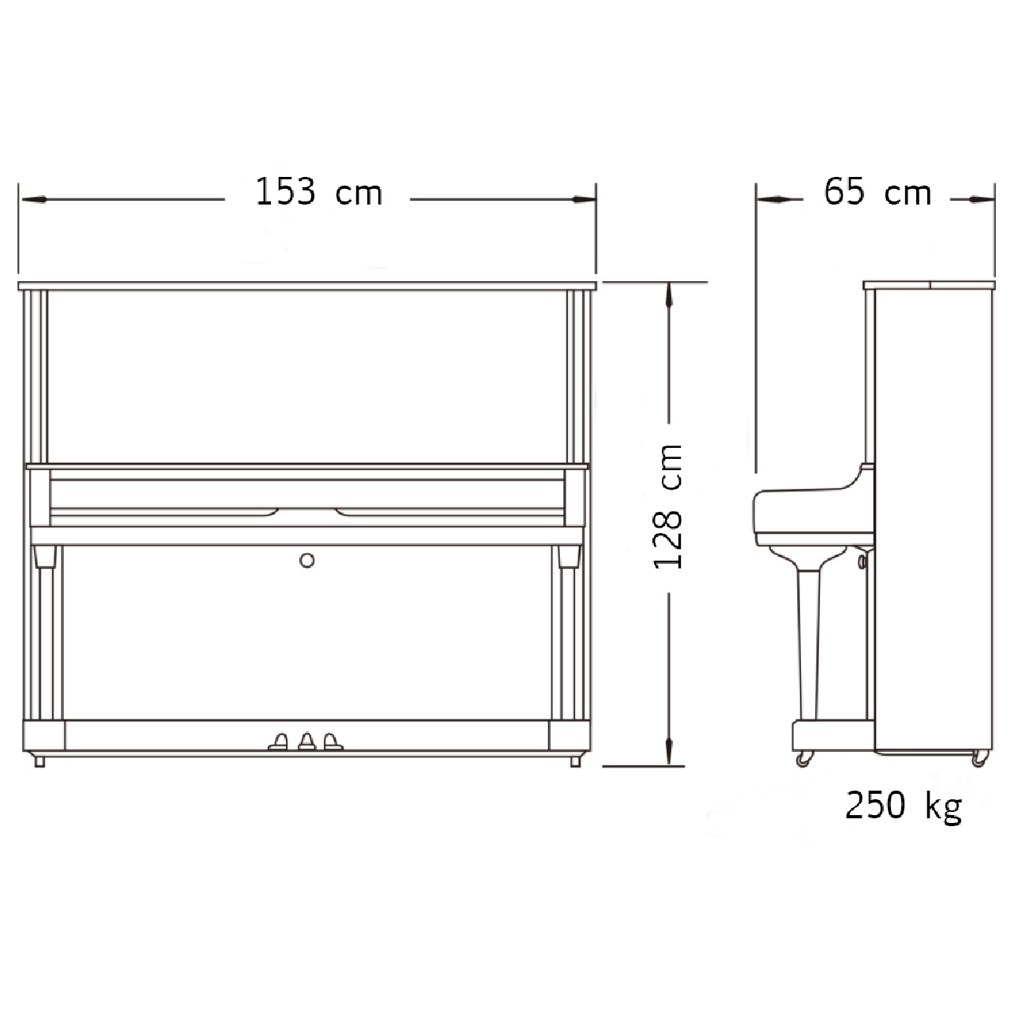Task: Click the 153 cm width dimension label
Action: pyautogui.click(x=319, y=192)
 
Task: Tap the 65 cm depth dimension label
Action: pyautogui.click(x=878, y=192)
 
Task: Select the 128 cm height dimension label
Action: pyautogui.click(x=667, y=507)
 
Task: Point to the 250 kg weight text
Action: pyautogui.click(x=904, y=806)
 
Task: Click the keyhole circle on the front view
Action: pyautogui.click(x=307, y=561)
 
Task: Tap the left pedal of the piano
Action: pyautogui.click(x=279, y=742)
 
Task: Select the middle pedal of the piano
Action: pyautogui.click(x=307, y=742)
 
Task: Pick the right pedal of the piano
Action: pyautogui.click(x=333, y=742)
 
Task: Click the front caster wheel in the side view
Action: pyautogui.click(x=804, y=758)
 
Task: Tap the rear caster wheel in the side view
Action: pyautogui.click(x=979, y=758)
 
